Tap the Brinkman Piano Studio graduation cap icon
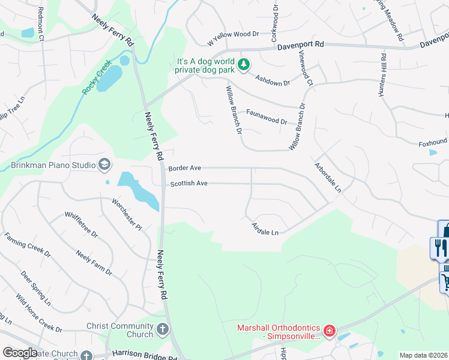pos(104,165)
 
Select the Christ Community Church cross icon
pos(163,329)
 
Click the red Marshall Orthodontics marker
pos(329,331)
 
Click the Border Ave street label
pos(185,169)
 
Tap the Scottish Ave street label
pos(188,183)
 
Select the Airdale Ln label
pos(265,227)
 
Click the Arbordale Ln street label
pos(328,177)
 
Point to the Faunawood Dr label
pos(267,116)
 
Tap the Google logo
pos(20,353)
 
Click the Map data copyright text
pos(423,356)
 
